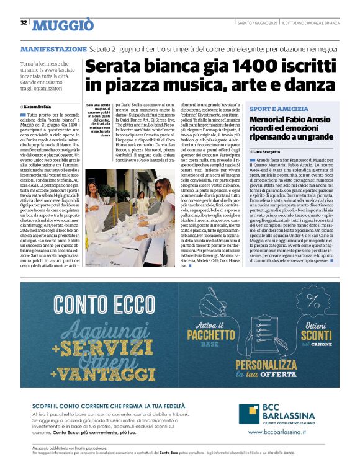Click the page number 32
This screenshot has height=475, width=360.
point(24,23)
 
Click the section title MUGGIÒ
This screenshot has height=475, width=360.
point(63,25)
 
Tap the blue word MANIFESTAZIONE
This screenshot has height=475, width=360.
point(53,48)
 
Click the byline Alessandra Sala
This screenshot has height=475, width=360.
point(38,107)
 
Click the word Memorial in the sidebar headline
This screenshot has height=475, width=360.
point(291,120)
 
